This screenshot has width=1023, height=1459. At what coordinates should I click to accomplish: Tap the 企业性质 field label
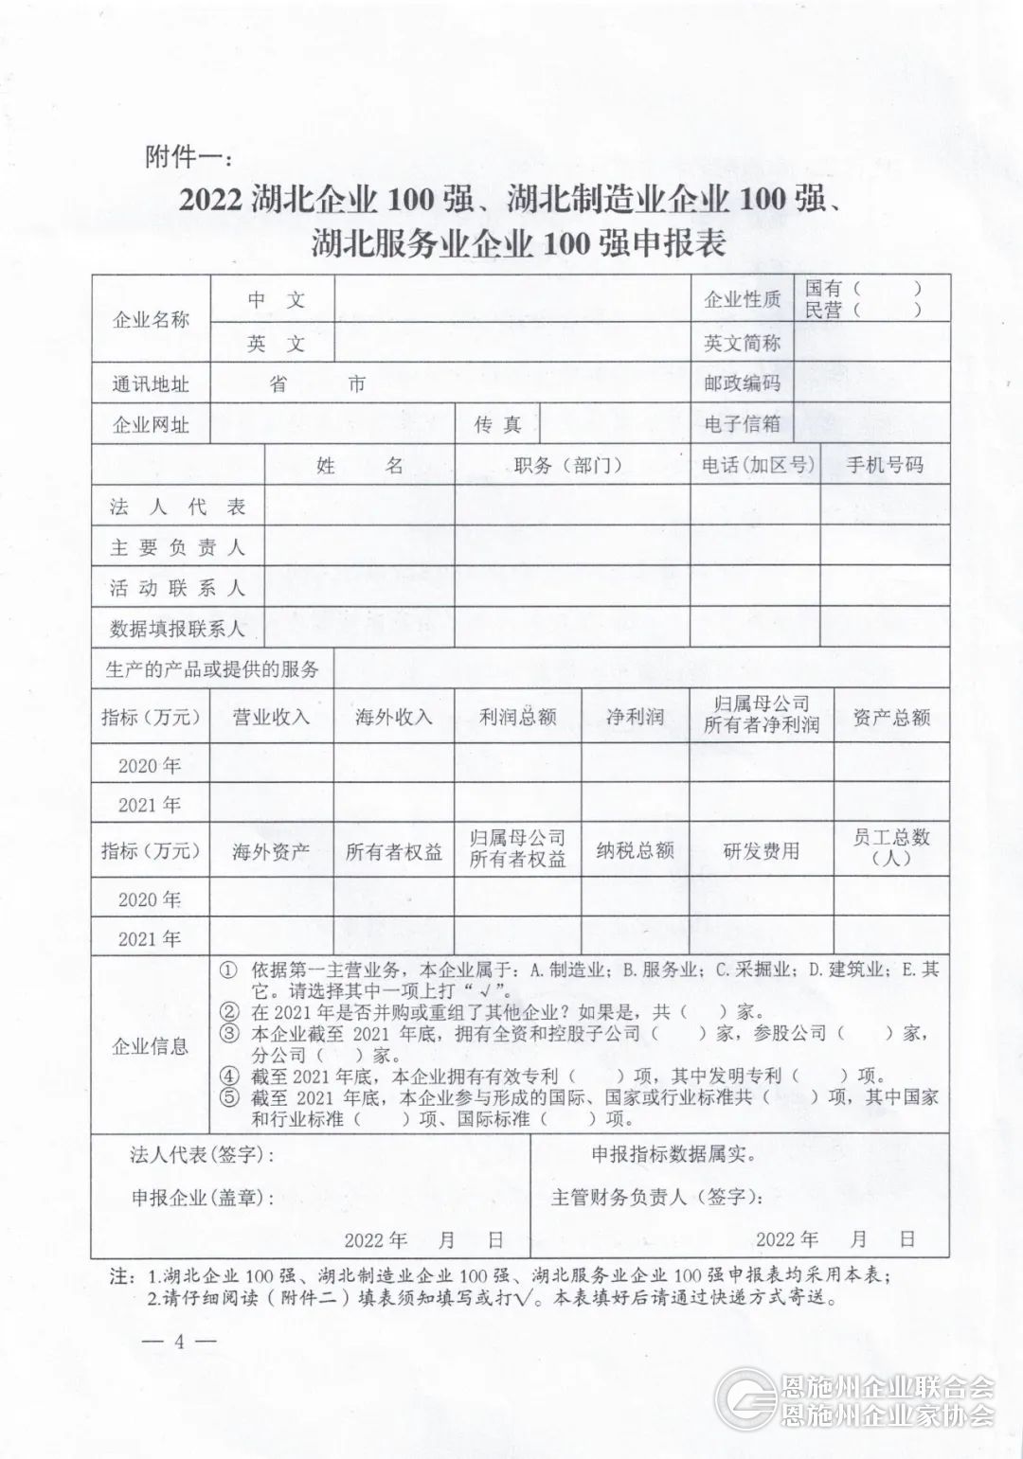tap(742, 300)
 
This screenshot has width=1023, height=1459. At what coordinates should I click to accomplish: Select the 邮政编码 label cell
tap(742, 383)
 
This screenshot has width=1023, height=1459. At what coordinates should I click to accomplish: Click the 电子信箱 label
tap(742, 424)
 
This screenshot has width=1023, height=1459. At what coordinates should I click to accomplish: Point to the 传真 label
tap(498, 425)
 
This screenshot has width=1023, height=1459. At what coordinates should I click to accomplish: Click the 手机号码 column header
tap(885, 465)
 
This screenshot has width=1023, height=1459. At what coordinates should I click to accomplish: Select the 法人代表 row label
tap(177, 507)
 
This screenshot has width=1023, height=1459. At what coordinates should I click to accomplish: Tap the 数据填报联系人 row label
tap(177, 628)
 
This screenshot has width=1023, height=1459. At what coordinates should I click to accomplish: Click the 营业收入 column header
tap(271, 717)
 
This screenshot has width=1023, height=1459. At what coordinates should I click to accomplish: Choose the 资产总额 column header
tap(891, 717)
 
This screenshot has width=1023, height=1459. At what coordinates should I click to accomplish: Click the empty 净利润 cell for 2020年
tap(635, 763)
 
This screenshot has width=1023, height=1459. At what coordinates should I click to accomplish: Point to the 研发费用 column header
tap(762, 850)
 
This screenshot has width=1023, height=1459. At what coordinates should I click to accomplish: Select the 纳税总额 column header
tap(635, 850)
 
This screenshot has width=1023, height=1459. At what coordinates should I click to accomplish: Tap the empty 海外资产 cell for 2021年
tap(271, 937)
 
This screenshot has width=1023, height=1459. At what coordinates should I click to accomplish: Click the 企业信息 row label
tap(150, 1046)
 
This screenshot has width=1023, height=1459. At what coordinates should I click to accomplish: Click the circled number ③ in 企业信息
tap(230, 1033)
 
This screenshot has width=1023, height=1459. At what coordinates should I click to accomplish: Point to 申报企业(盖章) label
tap(203, 1197)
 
